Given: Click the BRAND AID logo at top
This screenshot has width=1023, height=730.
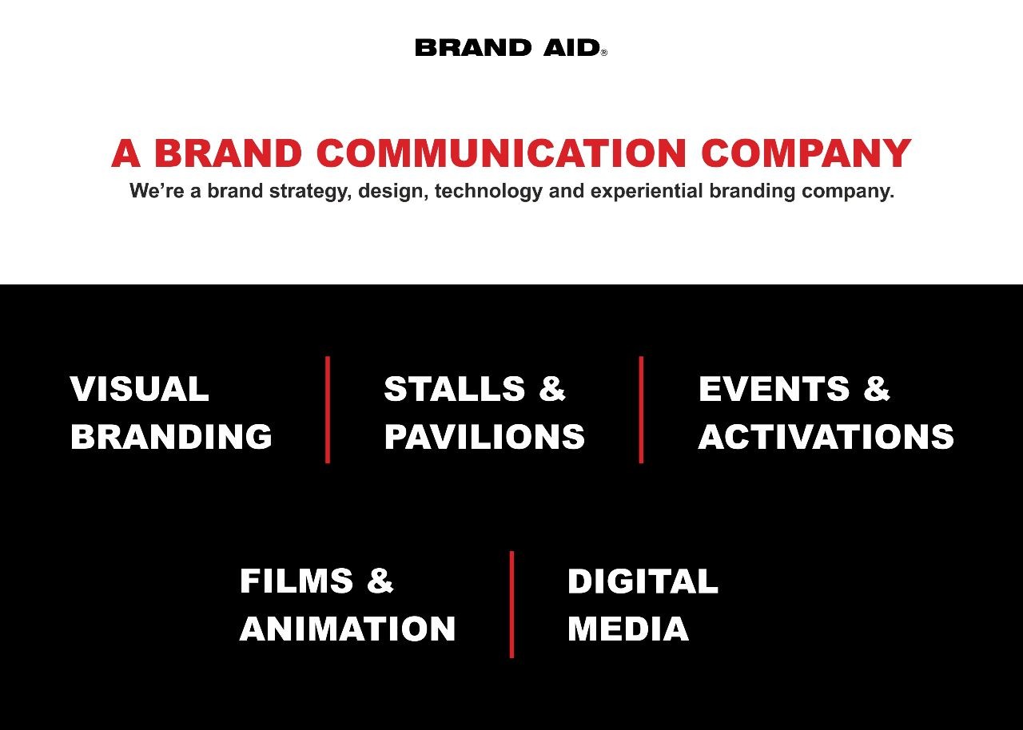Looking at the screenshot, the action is click(x=511, y=48).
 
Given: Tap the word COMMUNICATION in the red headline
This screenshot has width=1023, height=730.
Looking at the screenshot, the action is click(x=501, y=153).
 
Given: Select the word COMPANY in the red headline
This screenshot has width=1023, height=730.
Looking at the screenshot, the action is click(x=806, y=153).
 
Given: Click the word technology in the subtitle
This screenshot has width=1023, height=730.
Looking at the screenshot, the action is click(x=488, y=192).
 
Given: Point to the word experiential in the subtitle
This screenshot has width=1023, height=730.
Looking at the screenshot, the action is click(x=647, y=192).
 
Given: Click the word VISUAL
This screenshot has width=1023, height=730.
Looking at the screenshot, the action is click(x=139, y=389).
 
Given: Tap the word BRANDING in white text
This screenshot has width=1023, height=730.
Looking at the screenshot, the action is click(x=171, y=437).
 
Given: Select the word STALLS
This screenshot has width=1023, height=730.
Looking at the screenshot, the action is click(x=455, y=389).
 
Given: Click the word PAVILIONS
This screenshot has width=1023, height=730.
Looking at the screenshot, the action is click(x=484, y=437).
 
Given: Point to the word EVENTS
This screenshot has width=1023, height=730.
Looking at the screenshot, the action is click(x=774, y=389).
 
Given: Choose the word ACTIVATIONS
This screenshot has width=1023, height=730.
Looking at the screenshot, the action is click(x=826, y=437).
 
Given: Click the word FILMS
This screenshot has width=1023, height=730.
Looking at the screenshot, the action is click(x=297, y=581).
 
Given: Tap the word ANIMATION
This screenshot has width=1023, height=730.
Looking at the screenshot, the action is click(x=348, y=629).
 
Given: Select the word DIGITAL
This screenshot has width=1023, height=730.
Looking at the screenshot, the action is click(x=643, y=581).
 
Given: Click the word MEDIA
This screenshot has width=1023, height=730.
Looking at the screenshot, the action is click(x=628, y=629).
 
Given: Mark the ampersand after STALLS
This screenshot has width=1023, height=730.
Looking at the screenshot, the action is click(x=552, y=389).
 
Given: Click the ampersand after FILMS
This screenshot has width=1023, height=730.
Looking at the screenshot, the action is click(x=380, y=581).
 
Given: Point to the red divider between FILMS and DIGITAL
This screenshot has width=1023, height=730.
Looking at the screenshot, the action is click(x=511, y=605).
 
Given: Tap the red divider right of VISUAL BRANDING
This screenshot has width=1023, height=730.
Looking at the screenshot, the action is click(x=328, y=410).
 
